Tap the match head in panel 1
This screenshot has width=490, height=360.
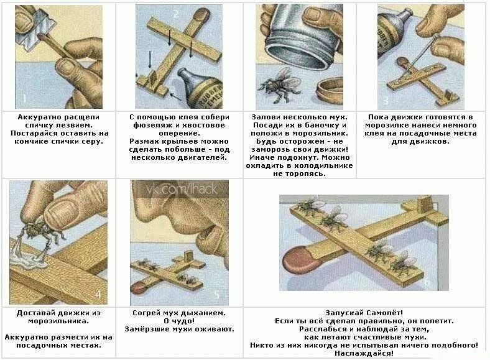40,36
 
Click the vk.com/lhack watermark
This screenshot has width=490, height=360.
182,189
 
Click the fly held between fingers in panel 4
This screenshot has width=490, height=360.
37,230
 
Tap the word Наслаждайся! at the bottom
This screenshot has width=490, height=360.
364,353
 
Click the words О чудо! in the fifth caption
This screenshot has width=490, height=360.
179,321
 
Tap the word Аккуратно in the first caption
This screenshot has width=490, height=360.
39,117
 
